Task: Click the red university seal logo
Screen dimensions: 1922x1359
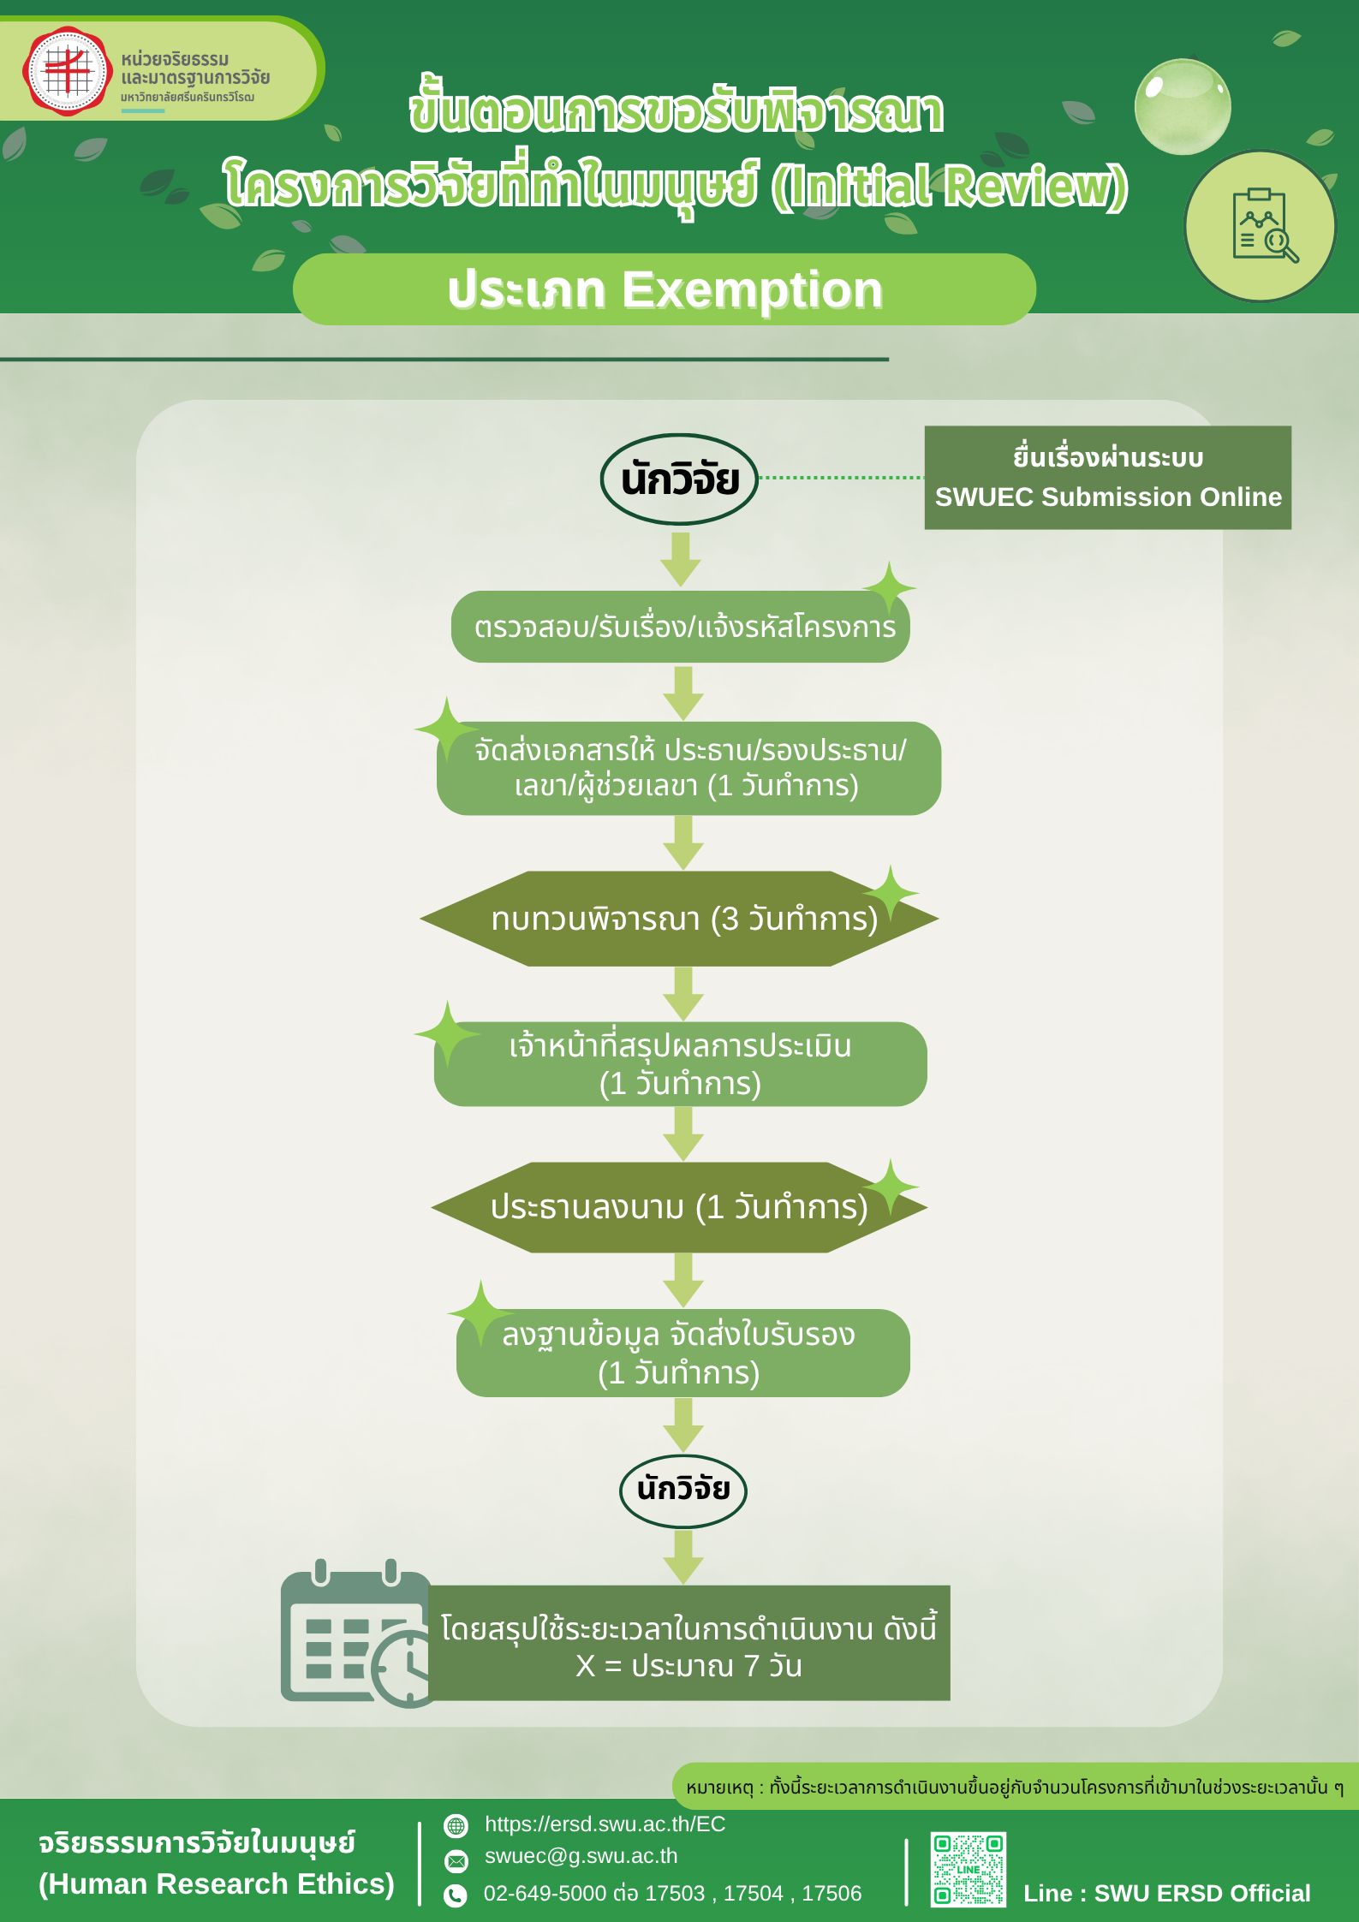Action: (68, 71)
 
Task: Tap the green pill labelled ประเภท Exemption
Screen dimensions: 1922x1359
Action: (664, 289)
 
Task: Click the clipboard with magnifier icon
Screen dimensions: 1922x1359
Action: (1260, 227)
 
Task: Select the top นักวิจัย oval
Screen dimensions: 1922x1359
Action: (679, 479)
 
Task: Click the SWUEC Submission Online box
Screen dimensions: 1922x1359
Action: (1107, 478)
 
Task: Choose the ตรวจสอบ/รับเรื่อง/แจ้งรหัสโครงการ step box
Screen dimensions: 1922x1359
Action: (680, 627)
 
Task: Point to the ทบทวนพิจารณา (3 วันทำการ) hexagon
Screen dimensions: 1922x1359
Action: (679, 919)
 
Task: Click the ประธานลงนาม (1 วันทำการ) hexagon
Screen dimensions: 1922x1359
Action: (678, 1207)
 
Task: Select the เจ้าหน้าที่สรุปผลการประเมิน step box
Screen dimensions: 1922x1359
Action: (680, 1064)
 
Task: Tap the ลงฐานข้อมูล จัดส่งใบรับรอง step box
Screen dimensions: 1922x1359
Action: (682, 1353)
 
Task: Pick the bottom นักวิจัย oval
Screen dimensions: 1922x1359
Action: (682, 1491)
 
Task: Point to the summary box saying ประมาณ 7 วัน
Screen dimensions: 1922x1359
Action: (688, 1643)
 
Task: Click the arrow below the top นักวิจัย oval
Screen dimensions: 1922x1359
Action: (681, 558)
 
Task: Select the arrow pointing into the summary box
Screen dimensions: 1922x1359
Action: (682, 1556)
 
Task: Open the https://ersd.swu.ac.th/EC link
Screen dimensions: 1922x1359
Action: (605, 1824)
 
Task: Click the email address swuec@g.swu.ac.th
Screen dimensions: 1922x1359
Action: (581, 1856)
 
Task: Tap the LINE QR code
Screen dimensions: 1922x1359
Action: (968, 1870)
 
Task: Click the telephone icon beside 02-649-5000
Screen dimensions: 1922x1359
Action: (456, 1895)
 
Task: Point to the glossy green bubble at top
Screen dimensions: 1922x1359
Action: (1182, 107)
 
